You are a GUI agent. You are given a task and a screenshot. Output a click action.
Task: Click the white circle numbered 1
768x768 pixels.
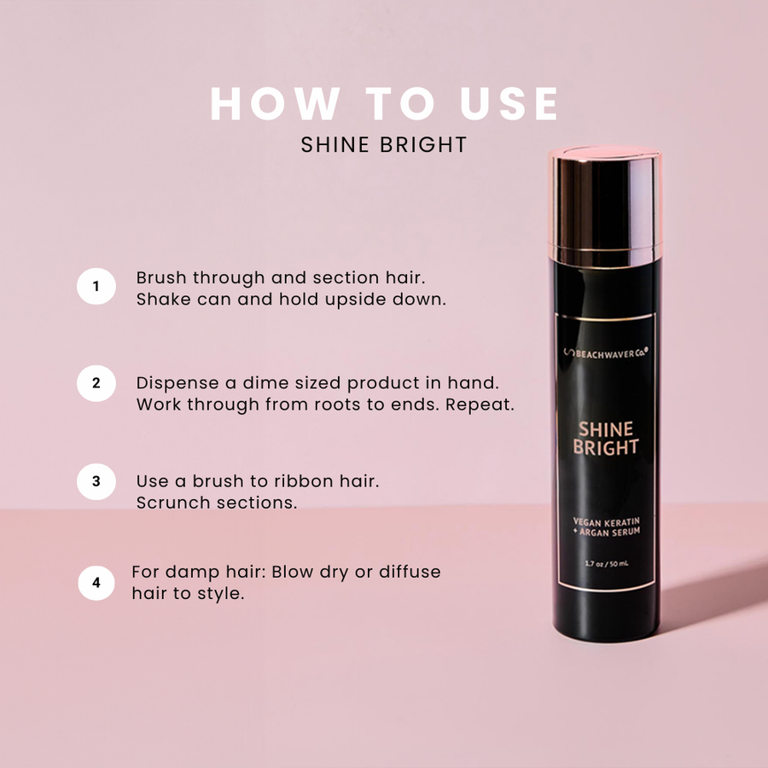96,286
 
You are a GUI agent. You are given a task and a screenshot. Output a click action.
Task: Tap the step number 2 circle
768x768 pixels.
96,383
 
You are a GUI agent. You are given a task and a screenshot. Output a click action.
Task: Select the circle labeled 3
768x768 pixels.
96,481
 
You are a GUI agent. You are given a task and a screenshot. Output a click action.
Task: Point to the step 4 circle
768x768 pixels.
96,582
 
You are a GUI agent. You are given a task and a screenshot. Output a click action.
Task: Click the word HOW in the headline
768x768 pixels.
276,103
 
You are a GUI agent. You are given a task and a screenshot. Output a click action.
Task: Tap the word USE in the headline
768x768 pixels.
509,103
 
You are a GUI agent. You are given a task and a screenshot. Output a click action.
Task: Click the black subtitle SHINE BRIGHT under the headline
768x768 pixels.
384,145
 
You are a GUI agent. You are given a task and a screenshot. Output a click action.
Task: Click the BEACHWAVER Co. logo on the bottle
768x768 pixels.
606,352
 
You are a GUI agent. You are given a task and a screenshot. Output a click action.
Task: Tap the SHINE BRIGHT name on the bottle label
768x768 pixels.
606,439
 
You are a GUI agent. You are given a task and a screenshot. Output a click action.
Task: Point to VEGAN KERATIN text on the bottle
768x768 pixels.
607,522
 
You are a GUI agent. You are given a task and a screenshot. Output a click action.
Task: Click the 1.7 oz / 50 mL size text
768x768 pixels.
607,564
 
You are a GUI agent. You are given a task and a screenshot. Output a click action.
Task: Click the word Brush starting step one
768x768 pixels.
161,277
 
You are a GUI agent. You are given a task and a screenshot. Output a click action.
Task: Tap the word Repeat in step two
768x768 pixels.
480,405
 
